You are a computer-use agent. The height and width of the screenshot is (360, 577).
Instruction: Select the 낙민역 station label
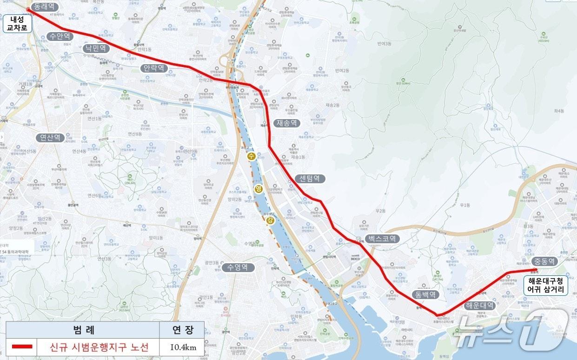point(96,48)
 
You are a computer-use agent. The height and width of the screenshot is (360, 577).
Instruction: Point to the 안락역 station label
point(154,68)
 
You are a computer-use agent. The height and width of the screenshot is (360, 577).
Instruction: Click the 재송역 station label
point(287,123)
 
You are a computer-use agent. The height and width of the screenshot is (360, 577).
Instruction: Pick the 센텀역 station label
point(310,178)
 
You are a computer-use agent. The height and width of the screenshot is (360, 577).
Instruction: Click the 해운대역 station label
point(480,306)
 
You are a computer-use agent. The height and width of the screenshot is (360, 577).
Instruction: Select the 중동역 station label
point(544,261)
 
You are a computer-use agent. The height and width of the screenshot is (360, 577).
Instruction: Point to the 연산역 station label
point(51,138)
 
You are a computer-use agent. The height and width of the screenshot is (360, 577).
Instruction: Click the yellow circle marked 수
point(252,156)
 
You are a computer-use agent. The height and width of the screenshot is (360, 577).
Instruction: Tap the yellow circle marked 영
point(259,188)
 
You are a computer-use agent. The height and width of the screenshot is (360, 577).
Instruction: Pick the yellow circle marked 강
point(270,220)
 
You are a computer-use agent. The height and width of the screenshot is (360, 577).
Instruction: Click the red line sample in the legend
point(22,347)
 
